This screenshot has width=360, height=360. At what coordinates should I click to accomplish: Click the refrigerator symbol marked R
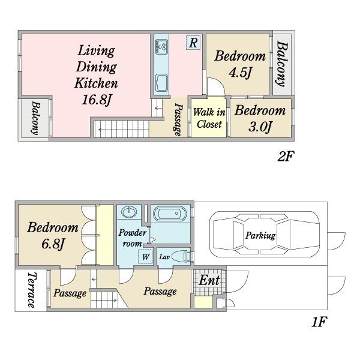click(x=193, y=43)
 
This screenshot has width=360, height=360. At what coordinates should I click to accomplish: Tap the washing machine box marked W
click(x=145, y=256)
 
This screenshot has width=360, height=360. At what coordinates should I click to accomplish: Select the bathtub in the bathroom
click(x=170, y=214)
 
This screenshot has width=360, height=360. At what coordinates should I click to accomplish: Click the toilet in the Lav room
click(x=181, y=256)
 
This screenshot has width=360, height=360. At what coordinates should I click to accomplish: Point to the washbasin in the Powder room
click(x=129, y=212)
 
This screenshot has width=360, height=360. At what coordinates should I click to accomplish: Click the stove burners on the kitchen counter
click(x=161, y=47)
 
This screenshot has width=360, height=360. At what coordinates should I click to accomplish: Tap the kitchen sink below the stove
click(x=161, y=83)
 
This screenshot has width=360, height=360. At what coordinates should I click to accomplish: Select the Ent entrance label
click(x=209, y=280)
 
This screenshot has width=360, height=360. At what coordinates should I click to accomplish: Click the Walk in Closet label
click(x=209, y=118)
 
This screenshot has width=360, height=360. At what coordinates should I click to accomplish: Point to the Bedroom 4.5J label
click(x=240, y=64)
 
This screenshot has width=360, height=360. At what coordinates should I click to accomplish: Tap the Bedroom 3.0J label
click(x=260, y=118)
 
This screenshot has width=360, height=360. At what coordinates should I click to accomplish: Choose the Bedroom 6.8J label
click(x=53, y=235)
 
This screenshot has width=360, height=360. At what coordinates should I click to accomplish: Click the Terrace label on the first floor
click(x=32, y=290)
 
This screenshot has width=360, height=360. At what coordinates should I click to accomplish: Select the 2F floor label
click(x=286, y=157)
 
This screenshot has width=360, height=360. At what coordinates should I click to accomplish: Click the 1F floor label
click(x=319, y=322)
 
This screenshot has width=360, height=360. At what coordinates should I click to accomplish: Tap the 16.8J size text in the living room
click(x=97, y=100)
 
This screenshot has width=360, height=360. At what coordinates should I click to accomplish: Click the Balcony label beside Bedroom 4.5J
click(x=282, y=64)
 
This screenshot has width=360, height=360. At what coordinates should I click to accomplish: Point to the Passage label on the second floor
click(x=178, y=119)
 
